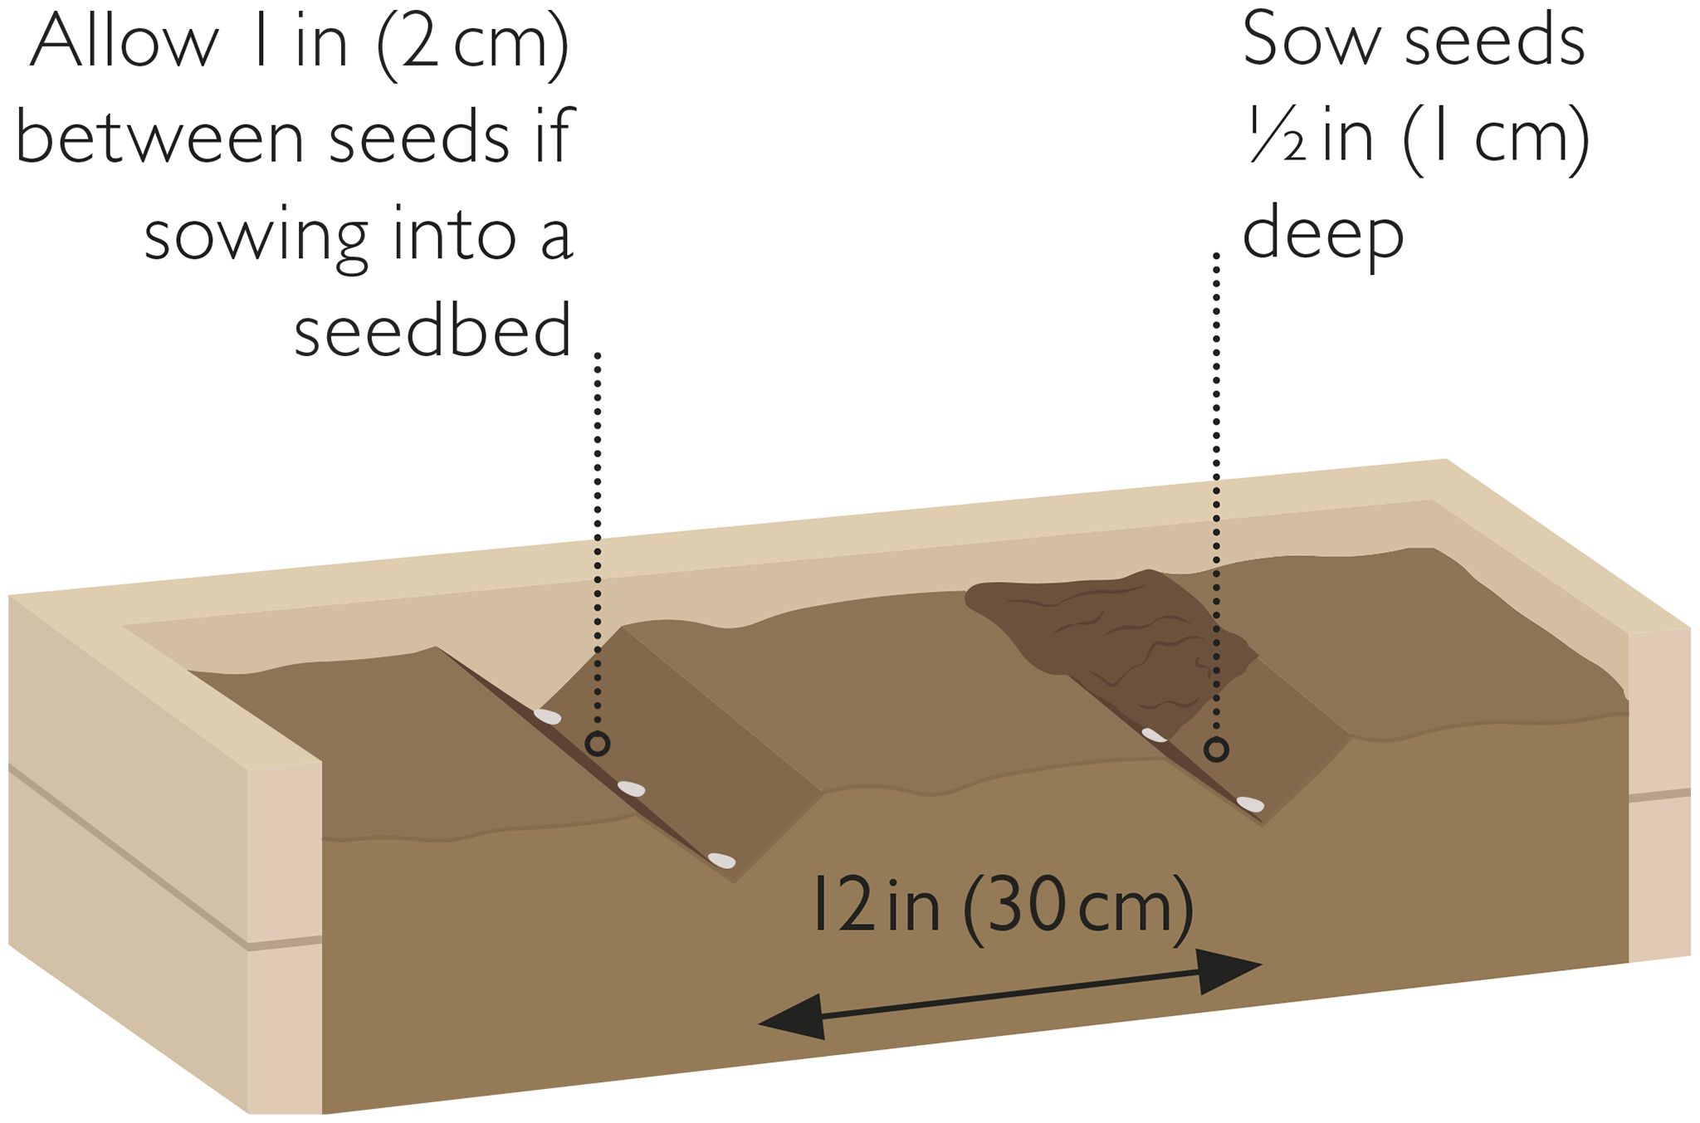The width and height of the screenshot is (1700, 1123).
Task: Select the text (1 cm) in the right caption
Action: [1495, 139]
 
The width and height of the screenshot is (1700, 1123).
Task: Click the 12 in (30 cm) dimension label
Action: [1002, 907]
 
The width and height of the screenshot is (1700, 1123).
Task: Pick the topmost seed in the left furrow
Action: [547, 715]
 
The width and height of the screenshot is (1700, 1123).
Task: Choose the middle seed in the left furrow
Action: [632, 788]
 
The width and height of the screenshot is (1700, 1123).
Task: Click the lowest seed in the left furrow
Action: [721, 860]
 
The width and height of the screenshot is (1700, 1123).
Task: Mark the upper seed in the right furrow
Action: [1155, 735]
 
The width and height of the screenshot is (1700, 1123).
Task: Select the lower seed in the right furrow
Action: [1250, 803]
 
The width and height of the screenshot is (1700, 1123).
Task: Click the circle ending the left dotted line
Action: [598, 745]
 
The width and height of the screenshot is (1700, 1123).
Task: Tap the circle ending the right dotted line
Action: [1216, 750]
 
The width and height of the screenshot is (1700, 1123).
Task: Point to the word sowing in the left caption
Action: [256, 237]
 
